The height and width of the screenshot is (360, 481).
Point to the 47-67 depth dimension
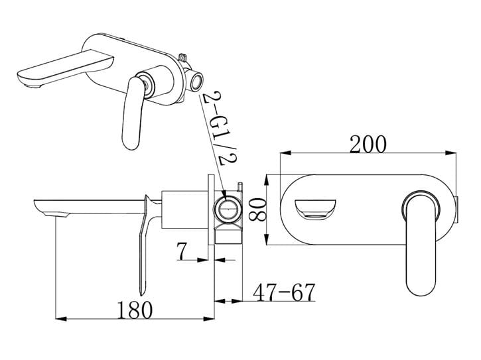click(x=283, y=291)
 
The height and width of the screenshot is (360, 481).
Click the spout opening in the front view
click(x=316, y=208)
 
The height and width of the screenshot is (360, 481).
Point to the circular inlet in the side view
click(x=226, y=210)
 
